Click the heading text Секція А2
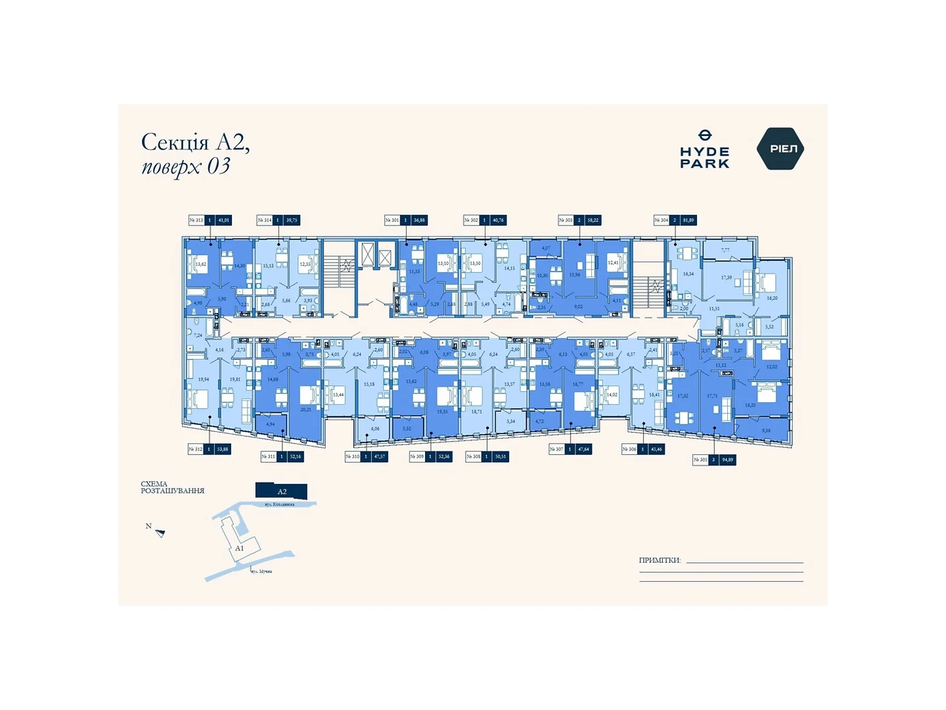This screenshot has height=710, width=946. coord(195,143)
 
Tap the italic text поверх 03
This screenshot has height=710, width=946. coord(185,166)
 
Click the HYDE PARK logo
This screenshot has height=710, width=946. coord(704,150)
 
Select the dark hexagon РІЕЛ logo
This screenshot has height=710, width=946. coord(780,149)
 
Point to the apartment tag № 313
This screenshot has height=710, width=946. coord(196,220)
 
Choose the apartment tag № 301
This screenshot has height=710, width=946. coord(392,220)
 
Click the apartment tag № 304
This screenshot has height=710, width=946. coord(661,220)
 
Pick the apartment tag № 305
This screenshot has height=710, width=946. coord(700,460)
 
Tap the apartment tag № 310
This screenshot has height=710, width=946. coord(352,457)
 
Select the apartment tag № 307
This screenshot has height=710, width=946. coord(556,450)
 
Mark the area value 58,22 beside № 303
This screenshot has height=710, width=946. coord(592,220)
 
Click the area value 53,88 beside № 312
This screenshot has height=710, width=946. coord(222,450)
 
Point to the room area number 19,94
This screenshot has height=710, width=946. coord(203,379)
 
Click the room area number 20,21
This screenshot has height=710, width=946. coord(306,409)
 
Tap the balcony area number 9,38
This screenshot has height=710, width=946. coord(766,431)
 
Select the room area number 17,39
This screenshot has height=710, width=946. coord(726,277)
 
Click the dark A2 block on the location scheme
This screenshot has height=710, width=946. coord(281,492)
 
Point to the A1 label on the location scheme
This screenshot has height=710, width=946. coord(239,548)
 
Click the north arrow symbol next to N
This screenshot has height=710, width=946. coord(160,533)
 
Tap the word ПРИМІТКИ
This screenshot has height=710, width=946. coord(659,560)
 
